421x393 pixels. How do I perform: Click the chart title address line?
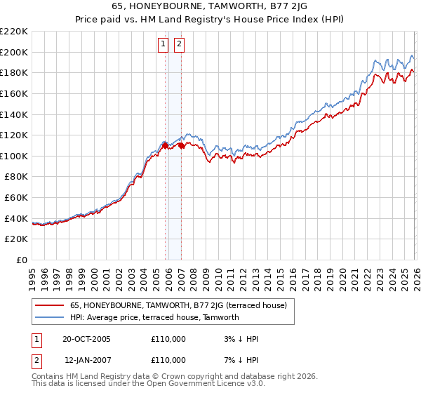[210, 6]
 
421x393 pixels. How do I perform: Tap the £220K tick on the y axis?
[14, 32]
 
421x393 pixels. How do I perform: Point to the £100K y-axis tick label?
[14, 156]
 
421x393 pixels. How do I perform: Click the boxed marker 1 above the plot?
[163, 45]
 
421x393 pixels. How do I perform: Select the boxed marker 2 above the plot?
[179, 45]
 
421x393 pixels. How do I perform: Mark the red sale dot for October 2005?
[166, 146]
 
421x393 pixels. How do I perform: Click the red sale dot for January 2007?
[181, 146]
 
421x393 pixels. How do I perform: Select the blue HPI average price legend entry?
[154, 317]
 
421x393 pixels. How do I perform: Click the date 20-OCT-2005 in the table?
[86, 339]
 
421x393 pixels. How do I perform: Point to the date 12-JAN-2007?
[86, 359]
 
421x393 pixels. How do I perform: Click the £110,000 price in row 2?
[168, 359]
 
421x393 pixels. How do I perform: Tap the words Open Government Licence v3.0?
[210, 384]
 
